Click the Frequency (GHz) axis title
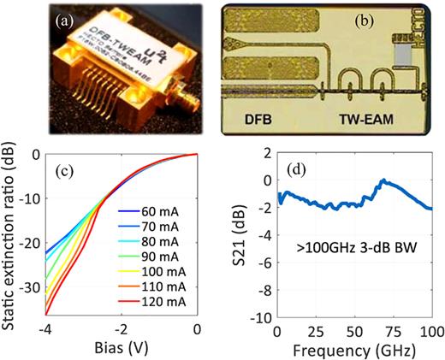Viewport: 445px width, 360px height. tap(353, 350)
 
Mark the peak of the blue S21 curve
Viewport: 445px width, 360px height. tap(384, 180)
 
